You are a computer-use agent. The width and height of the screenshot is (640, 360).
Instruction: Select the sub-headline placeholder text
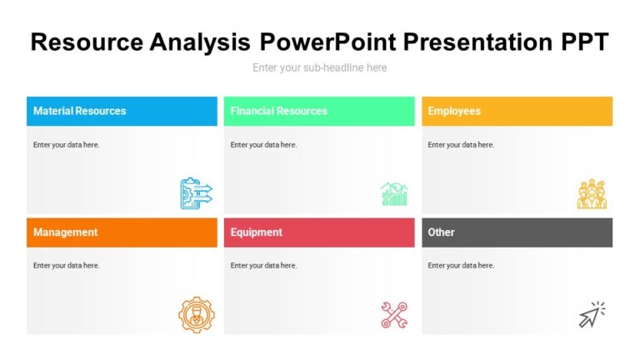pyautogui.click(x=319, y=67)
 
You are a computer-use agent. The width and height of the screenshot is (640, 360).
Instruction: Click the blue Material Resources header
pyautogui.click(x=122, y=111)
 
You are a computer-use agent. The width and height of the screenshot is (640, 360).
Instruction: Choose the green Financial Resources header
pyautogui.click(x=319, y=111)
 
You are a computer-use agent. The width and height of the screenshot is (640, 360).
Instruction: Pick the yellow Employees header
pyautogui.click(x=517, y=111)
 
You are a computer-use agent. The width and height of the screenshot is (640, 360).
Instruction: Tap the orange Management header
pyautogui.click(x=122, y=232)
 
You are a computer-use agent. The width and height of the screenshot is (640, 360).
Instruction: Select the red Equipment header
pyautogui.click(x=319, y=232)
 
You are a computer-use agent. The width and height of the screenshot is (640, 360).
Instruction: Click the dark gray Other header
pyautogui.click(x=517, y=232)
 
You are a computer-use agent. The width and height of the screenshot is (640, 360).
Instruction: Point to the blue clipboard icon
pyautogui.click(x=196, y=193)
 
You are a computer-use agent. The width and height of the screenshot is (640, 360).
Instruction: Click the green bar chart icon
pyautogui.click(x=394, y=193)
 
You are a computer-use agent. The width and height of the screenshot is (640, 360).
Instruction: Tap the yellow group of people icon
pyautogui.click(x=592, y=193)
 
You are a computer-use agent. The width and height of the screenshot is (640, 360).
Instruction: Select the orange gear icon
pyautogui.click(x=196, y=315)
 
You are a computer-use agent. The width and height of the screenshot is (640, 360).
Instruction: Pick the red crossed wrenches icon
pyautogui.click(x=394, y=315)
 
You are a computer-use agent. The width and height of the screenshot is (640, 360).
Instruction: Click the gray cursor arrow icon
pyautogui.click(x=592, y=315)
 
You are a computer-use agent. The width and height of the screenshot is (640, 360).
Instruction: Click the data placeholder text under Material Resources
pyautogui.click(x=67, y=145)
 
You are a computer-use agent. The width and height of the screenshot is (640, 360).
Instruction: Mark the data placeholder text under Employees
pyautogui.click(x=461, y=145)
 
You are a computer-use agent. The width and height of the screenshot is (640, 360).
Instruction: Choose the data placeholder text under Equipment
pyautogui.click(x=263, y=266)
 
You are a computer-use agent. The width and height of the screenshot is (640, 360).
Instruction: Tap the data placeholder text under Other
pyautogui.click(x=461, y=266)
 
